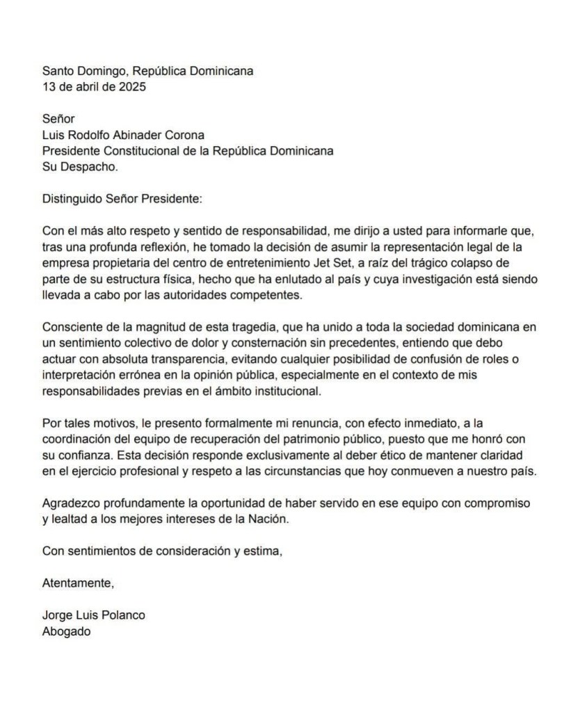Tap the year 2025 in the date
(133, 87)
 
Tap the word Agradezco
(70, 503)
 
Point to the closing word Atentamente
(77, 583)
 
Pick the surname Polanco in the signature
(123, 615)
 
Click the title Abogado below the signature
(67, 631)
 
